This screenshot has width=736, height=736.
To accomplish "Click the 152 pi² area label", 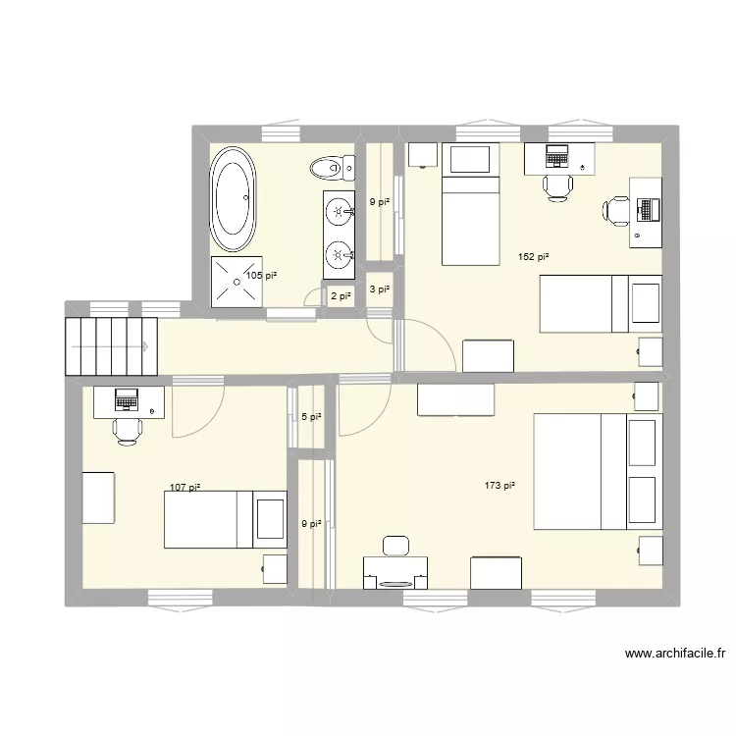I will (x=533, y=257).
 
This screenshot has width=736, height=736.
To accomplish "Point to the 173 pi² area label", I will (x=499, y=485).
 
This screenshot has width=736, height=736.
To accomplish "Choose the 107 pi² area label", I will (x=184, y=488).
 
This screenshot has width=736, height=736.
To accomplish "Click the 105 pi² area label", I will (x=261, y=276).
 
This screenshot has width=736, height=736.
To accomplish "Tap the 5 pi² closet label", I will (x=311, y=417).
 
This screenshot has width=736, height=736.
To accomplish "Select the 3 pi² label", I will (x=379, y=289).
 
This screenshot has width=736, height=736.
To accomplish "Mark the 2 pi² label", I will (x=340, y=295).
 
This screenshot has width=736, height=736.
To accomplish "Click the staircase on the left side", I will (x=111, y=345).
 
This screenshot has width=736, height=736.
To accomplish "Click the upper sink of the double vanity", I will (x=339, y=210).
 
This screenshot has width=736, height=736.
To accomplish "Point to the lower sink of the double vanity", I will (x=339, y=256).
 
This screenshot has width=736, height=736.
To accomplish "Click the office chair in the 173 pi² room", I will (x=396, y=547).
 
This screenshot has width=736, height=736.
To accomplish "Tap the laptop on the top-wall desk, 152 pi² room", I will (x=556, y=155).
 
